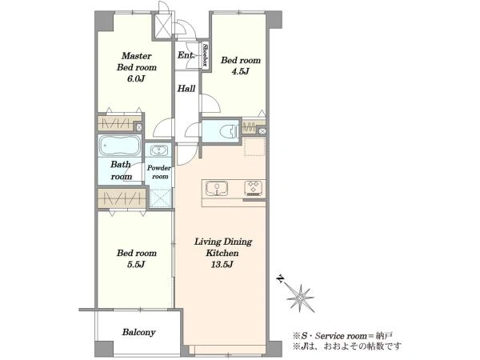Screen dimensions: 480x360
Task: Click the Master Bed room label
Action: point(137,62)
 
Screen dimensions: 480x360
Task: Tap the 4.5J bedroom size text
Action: point(241,71)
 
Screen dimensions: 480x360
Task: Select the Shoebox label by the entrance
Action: point(206,55)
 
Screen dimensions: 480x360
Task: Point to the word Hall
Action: point(186,89)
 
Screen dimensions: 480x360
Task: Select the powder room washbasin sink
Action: point(159,151)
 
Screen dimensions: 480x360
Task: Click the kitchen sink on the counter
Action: point(217,188)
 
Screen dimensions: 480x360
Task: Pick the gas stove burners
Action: point(254,188)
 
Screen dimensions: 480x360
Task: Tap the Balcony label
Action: point(138,333)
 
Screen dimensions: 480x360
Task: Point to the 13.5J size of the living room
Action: point(222,265)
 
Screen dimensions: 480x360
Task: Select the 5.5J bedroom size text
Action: point(136,264)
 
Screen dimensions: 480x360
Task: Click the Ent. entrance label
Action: point(186,55)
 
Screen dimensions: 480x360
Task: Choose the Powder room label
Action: point(159,172)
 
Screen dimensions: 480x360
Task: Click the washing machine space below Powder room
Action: point(160,198)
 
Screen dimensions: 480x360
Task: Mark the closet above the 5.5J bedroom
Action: point(122,198)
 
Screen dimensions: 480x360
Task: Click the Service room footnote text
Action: point(342,336)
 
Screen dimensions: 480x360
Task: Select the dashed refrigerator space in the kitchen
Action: point(254,146)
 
